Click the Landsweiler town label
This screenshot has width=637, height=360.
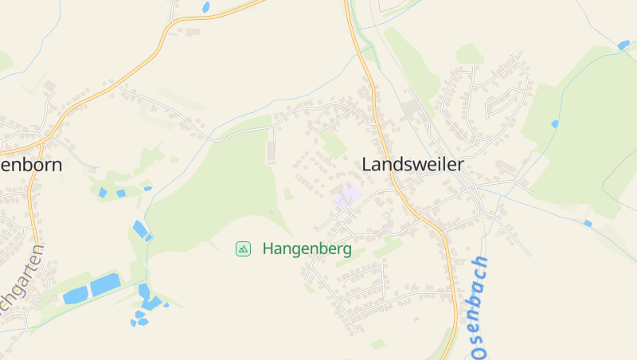coord(412,165)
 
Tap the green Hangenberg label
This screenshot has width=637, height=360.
coord(307,249)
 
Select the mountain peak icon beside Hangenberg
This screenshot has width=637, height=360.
coord(244,249)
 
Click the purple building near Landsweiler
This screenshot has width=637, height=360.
coord(347,194)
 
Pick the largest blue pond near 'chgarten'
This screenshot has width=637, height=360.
coord(105,284)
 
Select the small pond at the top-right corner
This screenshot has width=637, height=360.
coord(623,45)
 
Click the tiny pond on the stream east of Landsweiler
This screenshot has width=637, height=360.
coord(555,124)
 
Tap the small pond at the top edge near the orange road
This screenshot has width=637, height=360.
coord(206,7)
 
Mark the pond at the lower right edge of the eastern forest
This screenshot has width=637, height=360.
coord(588,224)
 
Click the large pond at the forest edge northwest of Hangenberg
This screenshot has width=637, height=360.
coord(141,229)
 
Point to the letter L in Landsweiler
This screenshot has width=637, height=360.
coord(367,165)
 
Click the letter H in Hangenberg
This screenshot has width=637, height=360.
coord(268,249)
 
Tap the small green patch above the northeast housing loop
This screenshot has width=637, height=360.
coord(470,54)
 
